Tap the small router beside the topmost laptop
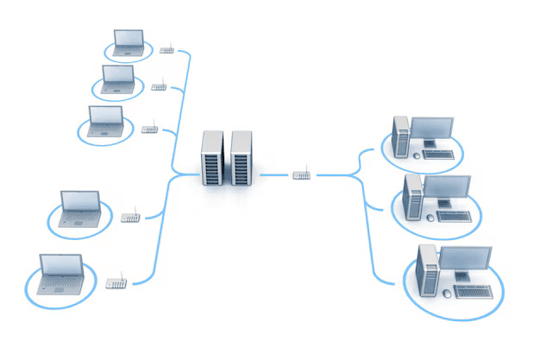pos(166,50)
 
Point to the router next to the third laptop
pos(149,129)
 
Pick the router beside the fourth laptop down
pos(130,217)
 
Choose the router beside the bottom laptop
pos(115,282)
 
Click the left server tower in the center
pos(212,158)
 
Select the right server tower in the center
pos(241,158)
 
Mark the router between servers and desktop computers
pos(301,175)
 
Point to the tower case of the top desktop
pos(400,137)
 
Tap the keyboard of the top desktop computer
pos(438,155)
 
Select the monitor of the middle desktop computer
pos(449,186)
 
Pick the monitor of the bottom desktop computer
pos(467,258)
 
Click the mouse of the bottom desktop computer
pos(446,294)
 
